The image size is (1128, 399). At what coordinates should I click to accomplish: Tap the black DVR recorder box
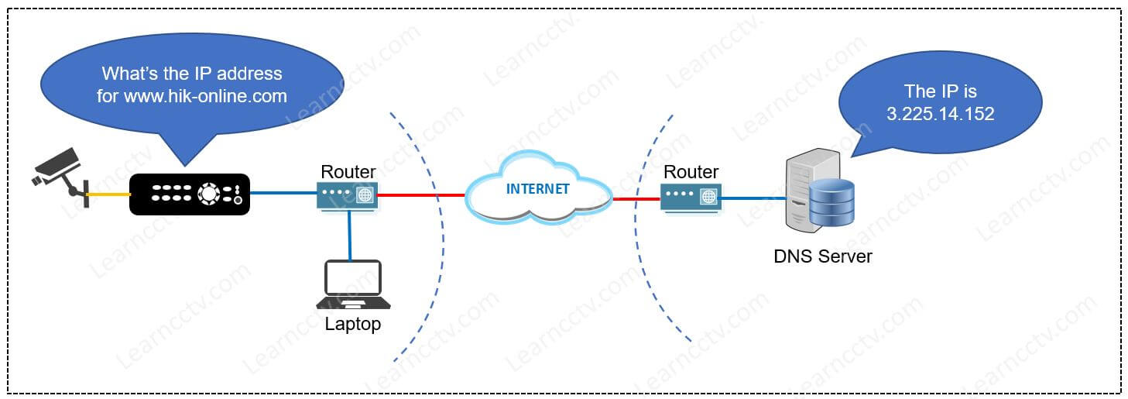(189, 194)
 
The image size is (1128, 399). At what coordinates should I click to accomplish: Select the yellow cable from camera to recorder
(109, 194)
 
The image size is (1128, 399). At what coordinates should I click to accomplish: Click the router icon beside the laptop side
(347, 194)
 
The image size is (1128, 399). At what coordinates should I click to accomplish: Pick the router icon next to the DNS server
(691, 196)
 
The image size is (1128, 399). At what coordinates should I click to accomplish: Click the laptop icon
(353, 284)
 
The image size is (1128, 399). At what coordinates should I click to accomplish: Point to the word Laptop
(353, 324)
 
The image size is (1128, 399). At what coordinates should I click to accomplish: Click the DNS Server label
(822, 256)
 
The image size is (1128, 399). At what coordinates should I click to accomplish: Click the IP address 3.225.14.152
(940, 113)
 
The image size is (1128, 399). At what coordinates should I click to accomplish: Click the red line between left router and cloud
(422, 194)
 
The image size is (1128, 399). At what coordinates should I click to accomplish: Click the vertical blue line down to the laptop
(350, 236)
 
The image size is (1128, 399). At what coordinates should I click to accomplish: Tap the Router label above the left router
(348, 171)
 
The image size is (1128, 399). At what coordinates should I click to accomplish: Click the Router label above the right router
(691, 172)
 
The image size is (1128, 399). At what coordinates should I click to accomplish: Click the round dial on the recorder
(208, 194)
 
